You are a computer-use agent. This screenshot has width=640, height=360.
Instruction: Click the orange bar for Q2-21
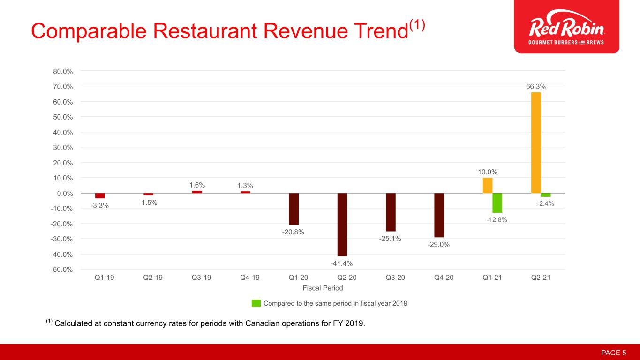tap(536, 142)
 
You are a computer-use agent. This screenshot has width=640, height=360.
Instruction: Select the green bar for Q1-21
tap(497, 203)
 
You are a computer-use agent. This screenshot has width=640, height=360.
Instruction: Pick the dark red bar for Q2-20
tap(342, 225)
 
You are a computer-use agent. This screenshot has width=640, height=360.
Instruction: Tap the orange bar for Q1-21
tap(488, 186)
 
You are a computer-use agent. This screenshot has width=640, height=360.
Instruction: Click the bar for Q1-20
tap(294, 209)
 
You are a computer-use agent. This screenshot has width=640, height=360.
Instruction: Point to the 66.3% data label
tap(535, 86)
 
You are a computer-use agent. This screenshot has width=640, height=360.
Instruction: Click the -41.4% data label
tap(342, 263)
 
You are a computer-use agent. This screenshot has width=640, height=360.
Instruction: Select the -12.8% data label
tap(497, 219)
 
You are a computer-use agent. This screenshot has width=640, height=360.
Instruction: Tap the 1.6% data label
tap(197, 185)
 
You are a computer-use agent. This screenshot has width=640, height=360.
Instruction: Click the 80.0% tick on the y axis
tap(63, 71)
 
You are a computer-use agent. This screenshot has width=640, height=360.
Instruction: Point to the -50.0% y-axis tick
tap(62, 270)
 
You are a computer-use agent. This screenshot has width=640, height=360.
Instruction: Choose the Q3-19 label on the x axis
tap(201, 277)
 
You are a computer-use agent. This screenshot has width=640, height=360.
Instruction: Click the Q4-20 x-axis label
tap(444, 277)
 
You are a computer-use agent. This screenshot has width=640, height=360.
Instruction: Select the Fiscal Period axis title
tap(323, 288)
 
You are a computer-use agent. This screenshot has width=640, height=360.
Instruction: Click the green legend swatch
tap(256, 303)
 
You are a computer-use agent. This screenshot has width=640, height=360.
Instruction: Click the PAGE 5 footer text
tap(614, 352)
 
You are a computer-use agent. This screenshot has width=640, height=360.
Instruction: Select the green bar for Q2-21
tap(546, 195)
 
